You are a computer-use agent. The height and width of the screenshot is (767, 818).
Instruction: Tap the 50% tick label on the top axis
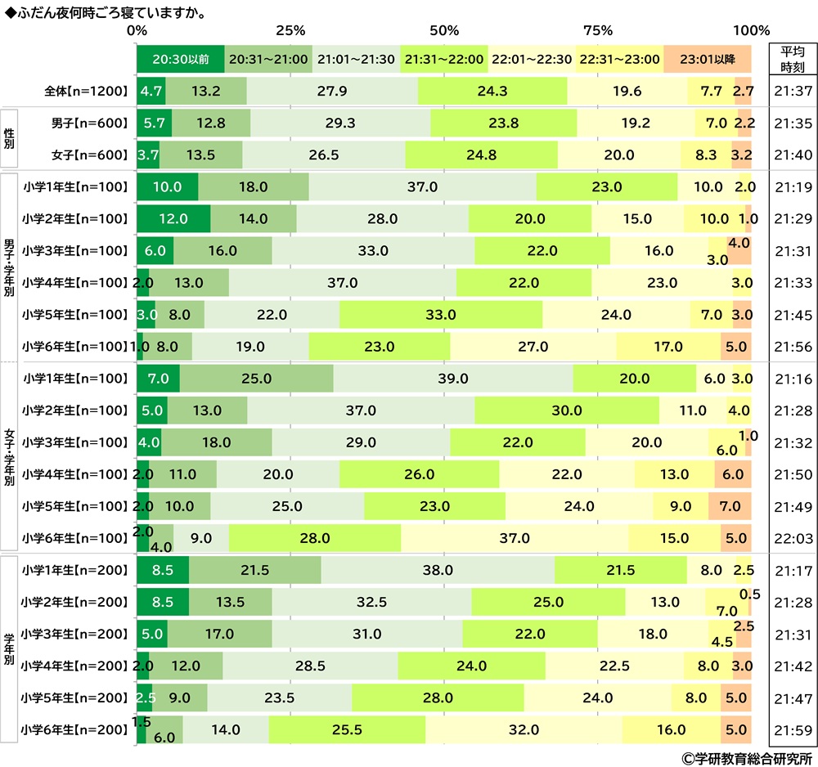(444, 31)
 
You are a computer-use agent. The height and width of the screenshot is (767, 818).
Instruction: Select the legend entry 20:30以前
(180, 59)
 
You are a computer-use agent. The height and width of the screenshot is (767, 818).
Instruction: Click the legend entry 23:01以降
(708, 59)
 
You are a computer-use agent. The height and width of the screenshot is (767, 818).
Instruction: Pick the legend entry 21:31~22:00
(444, 59)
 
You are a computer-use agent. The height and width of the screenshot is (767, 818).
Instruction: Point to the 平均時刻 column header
(792, 59)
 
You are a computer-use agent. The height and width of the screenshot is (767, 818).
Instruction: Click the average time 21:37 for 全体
(792, 91)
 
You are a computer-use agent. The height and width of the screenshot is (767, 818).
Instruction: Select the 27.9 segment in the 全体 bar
(332, 91)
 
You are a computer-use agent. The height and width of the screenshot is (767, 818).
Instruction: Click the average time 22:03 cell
(792, 538)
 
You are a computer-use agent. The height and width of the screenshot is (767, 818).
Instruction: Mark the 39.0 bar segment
(452, 379)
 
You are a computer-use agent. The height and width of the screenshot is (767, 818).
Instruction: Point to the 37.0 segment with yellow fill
(515, 538)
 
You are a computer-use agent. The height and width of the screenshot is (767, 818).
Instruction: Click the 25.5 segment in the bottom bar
(347, 729)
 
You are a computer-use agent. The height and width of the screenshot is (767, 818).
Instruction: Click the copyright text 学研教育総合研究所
(743, 756)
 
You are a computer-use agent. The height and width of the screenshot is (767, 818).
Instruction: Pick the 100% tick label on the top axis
(751, 31)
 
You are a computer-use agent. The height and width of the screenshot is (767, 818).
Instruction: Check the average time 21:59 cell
(792, 729)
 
